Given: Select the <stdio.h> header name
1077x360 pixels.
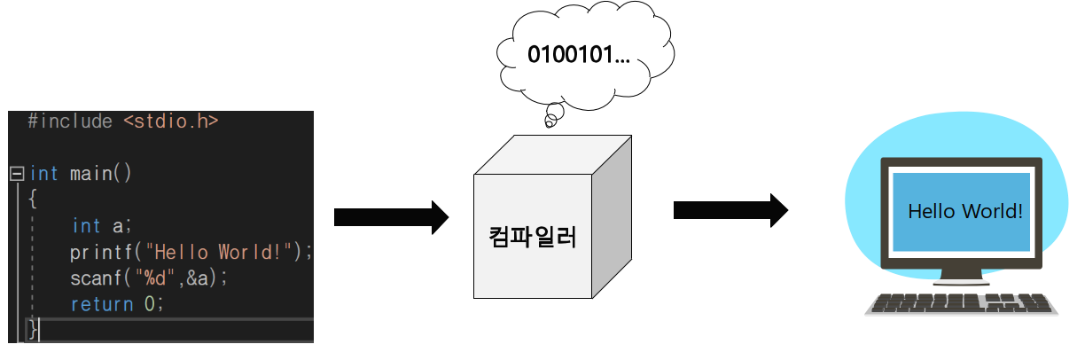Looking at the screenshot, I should click(x=170, y=121).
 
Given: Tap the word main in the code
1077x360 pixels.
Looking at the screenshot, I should click(x=92, y=173).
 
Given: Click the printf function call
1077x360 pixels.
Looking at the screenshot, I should click(x=98, y=252).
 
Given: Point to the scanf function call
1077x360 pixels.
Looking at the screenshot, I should click(x=92, y=278).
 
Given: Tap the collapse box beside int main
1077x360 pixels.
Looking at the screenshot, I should click(x=16, y=173).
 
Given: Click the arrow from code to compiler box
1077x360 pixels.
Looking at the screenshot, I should click(x=390, y=216).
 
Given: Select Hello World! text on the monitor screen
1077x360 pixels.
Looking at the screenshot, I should click(x=965, y=212).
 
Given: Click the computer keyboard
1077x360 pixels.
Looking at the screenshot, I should click(x=963, y=303).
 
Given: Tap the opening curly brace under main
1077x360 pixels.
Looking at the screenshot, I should click(x=33, y=199).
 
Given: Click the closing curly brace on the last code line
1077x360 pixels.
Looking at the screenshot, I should click(x=33, y=330).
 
